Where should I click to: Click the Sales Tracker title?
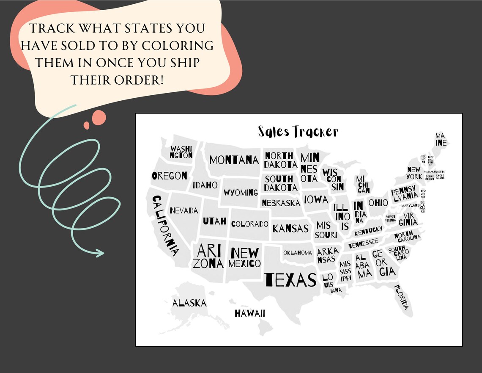tap(298, 132)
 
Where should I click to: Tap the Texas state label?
tap(290, 279)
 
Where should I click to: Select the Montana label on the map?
tap(234, 160)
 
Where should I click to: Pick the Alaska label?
tap(189, 303)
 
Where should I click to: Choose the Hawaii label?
tap(250, 313)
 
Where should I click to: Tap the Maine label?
tap(441, 139)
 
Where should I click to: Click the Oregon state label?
tap(170, 176)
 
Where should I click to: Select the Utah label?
tap(214, 221)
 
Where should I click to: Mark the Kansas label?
tap(290, 229)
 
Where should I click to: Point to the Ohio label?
tap(378, 203)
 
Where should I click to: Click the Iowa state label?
tap(316, 199)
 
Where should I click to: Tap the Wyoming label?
tap(241, 193)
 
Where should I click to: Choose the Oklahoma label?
tap(298, 253)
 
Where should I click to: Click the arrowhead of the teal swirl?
tap(101, 253)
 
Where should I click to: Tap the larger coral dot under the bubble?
tap(100, 116)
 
